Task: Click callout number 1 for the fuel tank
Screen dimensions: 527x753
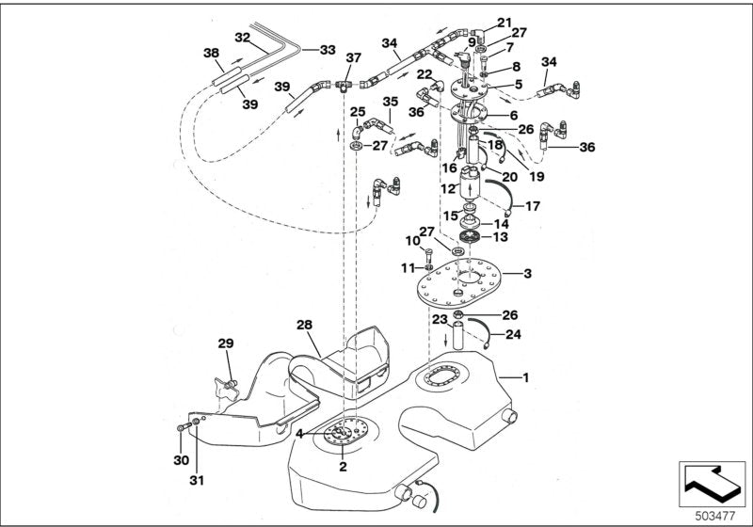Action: [x=525, y=377]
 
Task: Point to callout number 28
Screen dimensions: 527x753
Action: [x=303, y=325]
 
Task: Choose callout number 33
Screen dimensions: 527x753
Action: [x=327, y=50]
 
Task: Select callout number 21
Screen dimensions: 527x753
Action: [x=504, y=22]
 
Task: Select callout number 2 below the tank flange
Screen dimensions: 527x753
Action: [x=343, y=466]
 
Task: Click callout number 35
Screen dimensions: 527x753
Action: [x=390, y=101]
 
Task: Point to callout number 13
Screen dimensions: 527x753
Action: [x=501, y=237]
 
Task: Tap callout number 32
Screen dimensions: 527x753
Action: [x=242, y=39]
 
